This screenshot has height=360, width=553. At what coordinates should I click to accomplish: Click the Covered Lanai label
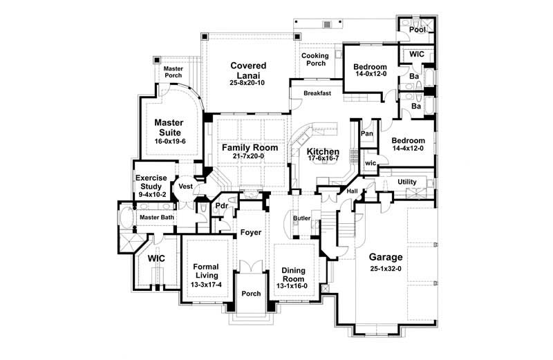click(248, 70)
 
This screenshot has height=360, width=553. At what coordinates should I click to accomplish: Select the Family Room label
click(250, 147)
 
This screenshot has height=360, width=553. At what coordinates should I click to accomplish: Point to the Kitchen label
click(324, 151)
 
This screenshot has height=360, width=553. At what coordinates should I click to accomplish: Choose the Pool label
click(417, 30)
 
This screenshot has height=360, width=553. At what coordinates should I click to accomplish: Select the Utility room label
click(407, 182)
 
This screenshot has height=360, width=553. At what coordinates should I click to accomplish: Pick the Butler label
click(301, 218)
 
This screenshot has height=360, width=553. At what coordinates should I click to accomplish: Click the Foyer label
click(251, 232)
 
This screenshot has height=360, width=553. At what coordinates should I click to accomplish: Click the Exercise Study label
click(151, 182)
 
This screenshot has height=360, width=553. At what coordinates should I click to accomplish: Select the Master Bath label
click(157, 218)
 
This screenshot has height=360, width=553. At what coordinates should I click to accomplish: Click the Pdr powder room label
click(222, 205)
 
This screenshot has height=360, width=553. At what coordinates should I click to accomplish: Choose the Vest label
click(185, 187)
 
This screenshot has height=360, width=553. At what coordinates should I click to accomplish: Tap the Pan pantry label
click(367, 133)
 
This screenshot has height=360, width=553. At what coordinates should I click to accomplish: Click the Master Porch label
click(173, 72)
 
